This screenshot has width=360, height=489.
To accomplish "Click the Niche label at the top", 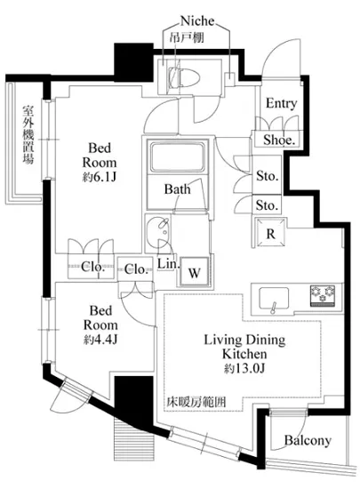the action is click(197, 21).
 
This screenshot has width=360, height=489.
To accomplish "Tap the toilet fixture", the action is click(184, 76).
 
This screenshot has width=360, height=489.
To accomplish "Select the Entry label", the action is click(281, 103).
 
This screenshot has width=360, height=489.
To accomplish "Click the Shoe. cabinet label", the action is click(279, 140).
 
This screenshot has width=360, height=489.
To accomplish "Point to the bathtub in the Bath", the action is click(178, 156).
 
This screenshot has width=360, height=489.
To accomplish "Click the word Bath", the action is click(177, 189).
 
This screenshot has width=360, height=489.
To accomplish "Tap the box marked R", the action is click(270, 233).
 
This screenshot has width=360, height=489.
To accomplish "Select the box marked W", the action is click(194, 272).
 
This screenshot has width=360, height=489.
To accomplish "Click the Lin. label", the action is click(168, 264).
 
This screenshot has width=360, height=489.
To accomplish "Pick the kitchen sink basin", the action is click(274, 298).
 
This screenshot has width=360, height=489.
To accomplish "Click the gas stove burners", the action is click(323, 294).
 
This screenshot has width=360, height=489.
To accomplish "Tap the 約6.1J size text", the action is click(100, 178).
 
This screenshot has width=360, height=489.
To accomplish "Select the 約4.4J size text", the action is click(100, 340).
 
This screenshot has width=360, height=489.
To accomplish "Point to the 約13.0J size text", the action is click(244, 369).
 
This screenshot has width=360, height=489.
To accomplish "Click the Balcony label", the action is click(308, 440).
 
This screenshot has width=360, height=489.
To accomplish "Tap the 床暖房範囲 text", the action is click(196, 402).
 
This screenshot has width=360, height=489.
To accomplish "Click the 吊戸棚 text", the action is click(187, 38).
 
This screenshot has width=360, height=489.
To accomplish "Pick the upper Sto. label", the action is click(268, 176).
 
